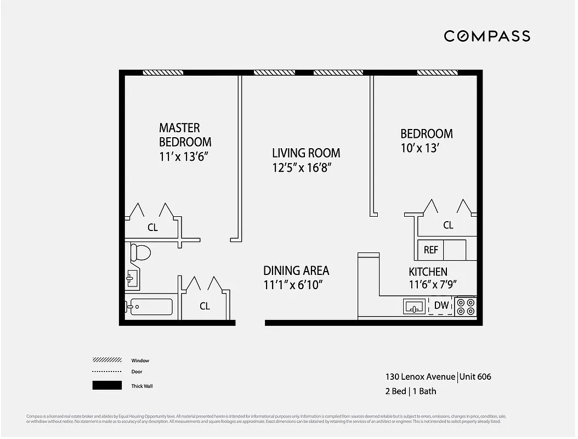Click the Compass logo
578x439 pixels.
click(486, 36)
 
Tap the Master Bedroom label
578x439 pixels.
click(185, 135)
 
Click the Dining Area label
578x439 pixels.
click(296, 271)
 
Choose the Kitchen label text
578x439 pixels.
click(428, 272)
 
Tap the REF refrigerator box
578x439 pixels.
click(431, 250)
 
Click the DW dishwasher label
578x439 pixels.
click(441, 306)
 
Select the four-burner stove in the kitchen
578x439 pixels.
click(466, 306)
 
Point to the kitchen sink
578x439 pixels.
click(415, 306)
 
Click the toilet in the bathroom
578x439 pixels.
click(140, 253)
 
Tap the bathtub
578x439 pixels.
click(149, 307)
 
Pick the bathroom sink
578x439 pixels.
click(132, 278)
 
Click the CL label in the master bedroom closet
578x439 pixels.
click(152, 227)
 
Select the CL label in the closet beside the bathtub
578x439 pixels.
click(205, 306)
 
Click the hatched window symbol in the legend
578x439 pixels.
click(107, 361)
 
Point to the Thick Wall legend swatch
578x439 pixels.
click(107, 386)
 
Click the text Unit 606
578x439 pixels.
click(475, 376)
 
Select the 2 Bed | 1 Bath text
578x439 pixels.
click(411, 391)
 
